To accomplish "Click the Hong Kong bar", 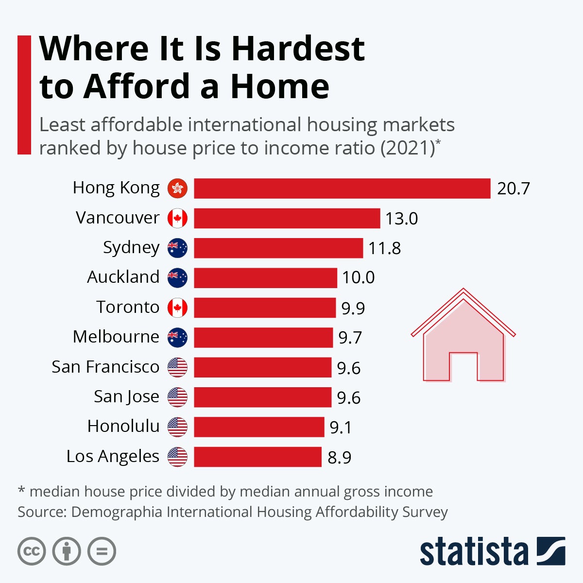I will [x=342, y=189].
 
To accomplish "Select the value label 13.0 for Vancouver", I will [x=402, y=219].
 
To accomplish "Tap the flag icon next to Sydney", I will [x=177, y=248].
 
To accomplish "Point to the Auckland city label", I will [x=123, y=277].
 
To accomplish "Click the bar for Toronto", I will [x=265, y=308].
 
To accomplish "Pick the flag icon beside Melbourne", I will [x=177, y=337].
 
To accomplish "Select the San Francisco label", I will [x=105, y=367].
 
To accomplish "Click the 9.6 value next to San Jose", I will [x=349, y=398].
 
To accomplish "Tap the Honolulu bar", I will [x=259, y=427].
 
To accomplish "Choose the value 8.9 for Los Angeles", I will [x=340, y=458].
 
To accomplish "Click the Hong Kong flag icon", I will [x=177, y=189].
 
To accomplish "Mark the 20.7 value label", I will [x=513, y=189].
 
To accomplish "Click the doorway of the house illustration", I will [x=463, y=367].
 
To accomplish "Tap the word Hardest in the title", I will [x=298, y=49].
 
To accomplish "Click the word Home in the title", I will [x=280, y=86].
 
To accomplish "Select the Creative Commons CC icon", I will [x=32, y=551].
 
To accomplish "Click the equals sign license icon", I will [x=102, y=551].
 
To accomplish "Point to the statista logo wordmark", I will [x=474, y=551].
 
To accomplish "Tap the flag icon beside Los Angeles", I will [x=177, y=457].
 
